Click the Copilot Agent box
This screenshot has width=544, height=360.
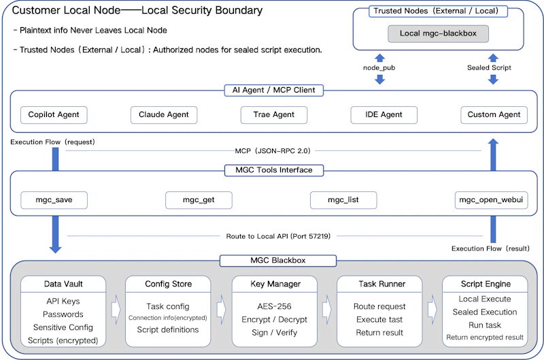[x=54, y=115]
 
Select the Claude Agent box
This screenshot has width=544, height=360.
[x=164, y=115]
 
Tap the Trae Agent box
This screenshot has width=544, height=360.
[x=274, y=115]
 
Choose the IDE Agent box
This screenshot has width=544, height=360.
[x=384, y=115]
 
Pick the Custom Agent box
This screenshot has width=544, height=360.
[x=494, y=115]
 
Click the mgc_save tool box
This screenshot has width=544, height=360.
[x=54, y=200]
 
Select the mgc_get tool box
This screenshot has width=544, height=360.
[x=199, y=200]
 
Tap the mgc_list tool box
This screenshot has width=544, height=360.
[x=343, y=200]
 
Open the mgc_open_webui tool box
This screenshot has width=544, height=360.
[x=491, y=200]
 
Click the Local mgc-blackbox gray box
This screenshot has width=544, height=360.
[x=438, y=33]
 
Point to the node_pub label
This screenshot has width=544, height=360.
[x=379, y=67]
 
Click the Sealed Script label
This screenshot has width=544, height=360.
[x=489, y=67]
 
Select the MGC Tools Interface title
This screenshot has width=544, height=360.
[x=274, y=170]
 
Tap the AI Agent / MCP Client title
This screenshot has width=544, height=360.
[x=274, y=91]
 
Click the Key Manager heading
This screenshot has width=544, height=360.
[x=275, y=284]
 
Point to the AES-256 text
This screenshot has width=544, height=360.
[x=275, y=306]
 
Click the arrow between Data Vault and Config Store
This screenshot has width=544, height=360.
[x=116, y=310]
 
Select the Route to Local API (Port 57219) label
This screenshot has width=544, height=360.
[x=278, y=236]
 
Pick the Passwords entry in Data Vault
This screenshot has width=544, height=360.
[x=63, y=314]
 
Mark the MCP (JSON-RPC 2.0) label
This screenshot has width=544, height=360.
[x=273, y=151]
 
